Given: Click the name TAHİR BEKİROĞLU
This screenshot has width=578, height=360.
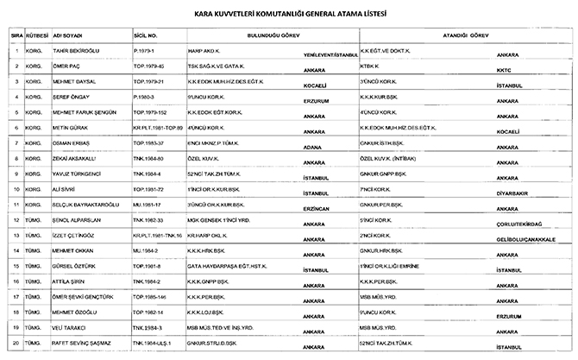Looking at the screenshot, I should [x=76, y=51].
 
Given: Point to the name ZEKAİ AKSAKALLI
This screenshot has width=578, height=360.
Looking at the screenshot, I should [x=75, y=160].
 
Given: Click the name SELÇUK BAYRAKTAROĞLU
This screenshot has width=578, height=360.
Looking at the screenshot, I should [x=85, y=205].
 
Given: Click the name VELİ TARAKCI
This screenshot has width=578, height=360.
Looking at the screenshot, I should [x=70, y=329].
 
